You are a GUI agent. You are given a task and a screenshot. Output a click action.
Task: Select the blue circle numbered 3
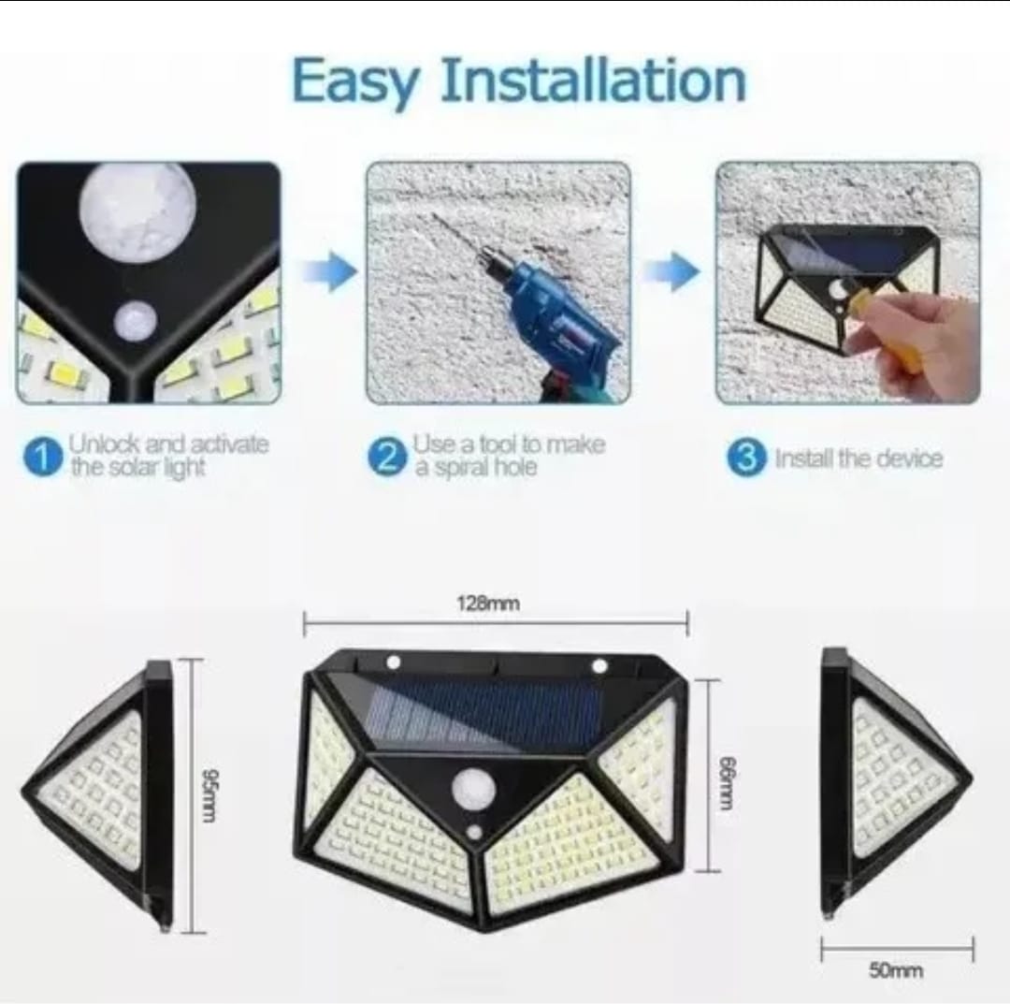(746, 458)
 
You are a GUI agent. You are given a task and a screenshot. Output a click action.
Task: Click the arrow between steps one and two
(329, 272)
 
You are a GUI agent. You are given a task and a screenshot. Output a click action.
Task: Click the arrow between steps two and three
(672, 272)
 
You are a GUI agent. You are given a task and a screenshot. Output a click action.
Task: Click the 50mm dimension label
(895, 971)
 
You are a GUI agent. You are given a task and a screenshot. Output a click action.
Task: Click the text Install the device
(858, 458)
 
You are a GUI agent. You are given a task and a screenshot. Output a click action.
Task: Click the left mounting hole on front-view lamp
(393, 662)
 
